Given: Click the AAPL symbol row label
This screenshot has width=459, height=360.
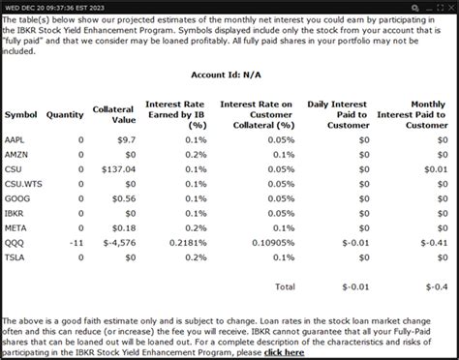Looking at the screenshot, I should (x=16, y=140).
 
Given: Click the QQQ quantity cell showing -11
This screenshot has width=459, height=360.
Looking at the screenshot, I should (x=77, y=242).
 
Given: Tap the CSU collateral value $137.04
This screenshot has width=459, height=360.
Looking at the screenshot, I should (x=115, y=169).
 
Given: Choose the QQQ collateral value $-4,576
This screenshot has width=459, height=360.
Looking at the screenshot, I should (x=113, y=242).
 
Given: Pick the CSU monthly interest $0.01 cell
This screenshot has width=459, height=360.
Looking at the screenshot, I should (x=442, y=169).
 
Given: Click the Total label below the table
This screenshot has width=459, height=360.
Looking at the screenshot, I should (x=285, y=286).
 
